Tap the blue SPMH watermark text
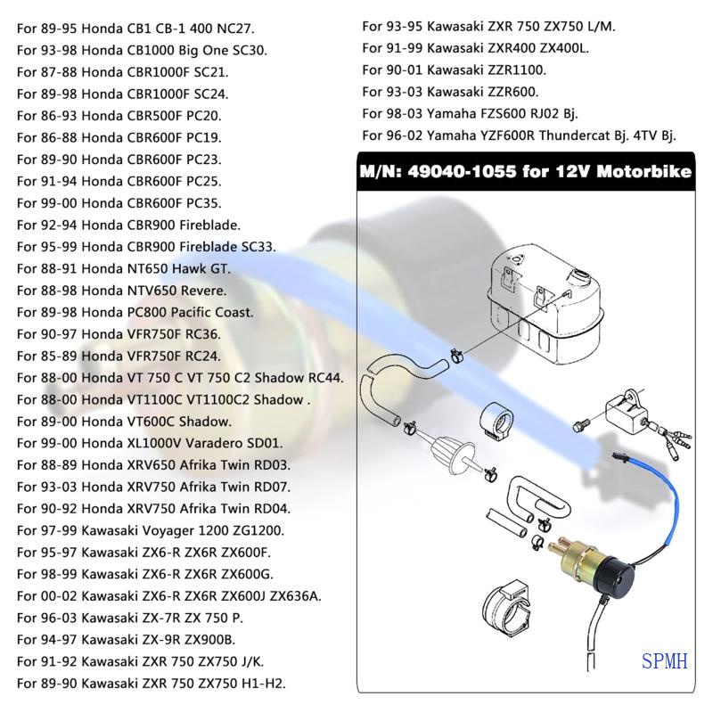click(664, 661)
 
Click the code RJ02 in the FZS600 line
click(531, 113)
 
